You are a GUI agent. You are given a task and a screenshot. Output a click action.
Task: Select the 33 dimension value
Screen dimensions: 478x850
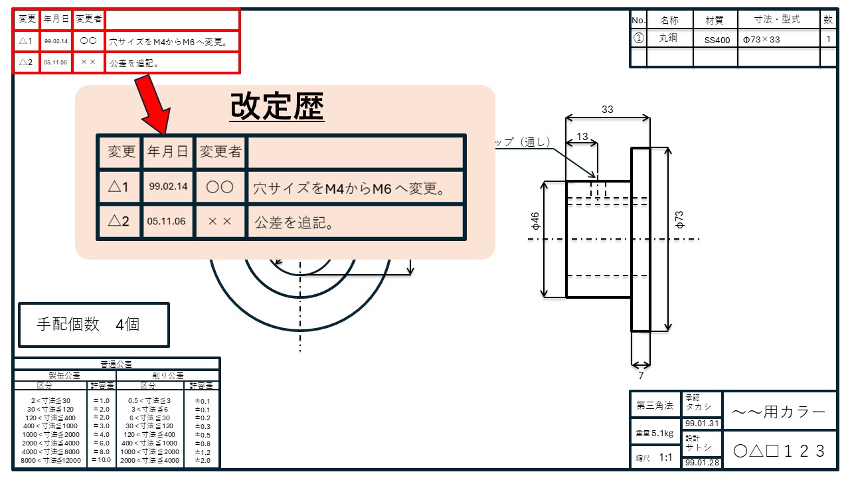[607, 110]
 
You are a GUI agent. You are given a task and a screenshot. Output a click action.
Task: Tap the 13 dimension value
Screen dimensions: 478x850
[582, 137]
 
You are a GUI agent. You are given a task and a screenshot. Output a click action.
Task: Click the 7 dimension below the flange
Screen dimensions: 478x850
[641, 376]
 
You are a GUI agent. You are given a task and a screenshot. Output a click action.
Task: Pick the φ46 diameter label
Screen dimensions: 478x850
[535, 222]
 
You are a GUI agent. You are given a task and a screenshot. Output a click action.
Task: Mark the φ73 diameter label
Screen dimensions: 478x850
[679, 220]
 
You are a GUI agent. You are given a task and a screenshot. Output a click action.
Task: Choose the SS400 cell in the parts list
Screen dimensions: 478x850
[717, 40]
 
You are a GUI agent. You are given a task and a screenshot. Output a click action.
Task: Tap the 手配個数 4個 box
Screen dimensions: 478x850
[94, 325]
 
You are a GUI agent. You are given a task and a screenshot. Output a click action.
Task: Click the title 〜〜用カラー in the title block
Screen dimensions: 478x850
[779, 412]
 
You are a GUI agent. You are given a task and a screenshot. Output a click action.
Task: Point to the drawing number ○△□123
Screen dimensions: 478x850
[779, 451]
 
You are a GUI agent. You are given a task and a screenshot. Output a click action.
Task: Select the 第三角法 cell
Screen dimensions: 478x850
[655, 405]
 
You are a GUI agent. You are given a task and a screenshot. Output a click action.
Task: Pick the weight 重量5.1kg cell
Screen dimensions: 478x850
[655, 433]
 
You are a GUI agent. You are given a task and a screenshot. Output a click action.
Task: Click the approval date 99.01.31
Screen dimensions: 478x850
[702, 424]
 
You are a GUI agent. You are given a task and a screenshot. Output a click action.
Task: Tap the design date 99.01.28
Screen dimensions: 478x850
[702, 463]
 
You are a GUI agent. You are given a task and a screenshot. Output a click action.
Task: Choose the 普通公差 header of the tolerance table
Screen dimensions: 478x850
[116, 364]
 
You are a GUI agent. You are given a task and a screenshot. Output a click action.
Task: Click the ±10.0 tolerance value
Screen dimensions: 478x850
[102, 460]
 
